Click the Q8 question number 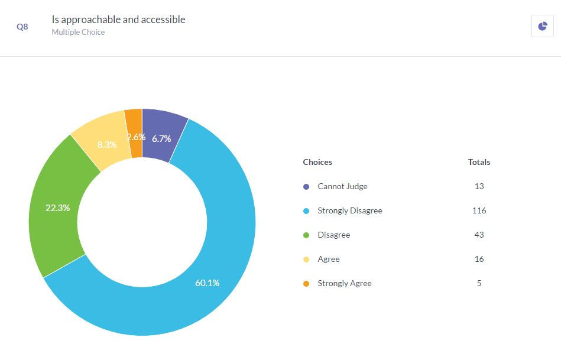(22, 27)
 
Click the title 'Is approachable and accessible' (118, 20)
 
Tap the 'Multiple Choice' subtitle (78, 33)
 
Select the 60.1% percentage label (207, 283)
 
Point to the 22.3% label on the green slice (58, 208)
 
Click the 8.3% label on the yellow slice (106, 144)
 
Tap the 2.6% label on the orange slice (136, 137)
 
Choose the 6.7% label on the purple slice (161, 139)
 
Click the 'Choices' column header (317, 162)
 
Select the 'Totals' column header (479, 162)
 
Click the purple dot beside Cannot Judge (306, 187)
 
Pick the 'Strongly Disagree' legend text (349, 210)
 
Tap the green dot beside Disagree (306, 235)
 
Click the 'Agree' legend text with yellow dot (329, 259)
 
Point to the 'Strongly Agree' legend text (344, 283)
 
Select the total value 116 (479, 210)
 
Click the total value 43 (479, 235)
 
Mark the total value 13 (479, 186)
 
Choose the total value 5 (479, 283)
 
